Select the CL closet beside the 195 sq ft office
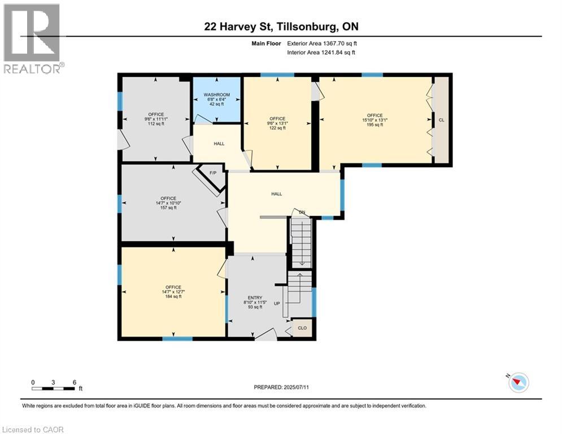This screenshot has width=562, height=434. pyautogui.click(x=441, y=120)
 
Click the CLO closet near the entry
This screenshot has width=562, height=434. pyautogui.click(x=302, y=328)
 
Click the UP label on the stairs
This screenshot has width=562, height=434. pyautogui.click(x=277, y=303)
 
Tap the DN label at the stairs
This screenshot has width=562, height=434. pyautogui.click(x=302, y=212)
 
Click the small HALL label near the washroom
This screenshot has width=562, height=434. pyautogui.click(x=219, y=144)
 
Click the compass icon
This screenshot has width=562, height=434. pyautogui.click(x=517, y=383)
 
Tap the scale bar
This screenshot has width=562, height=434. pyautogui.click(x=54, y=388)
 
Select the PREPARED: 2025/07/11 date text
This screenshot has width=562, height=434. pyautogui.click(x=281, y=387)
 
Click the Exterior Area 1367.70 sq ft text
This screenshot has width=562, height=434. pyautogui.click(x=321, y=42)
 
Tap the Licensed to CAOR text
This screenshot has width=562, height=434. pyautogui.click(x=33, y=429)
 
